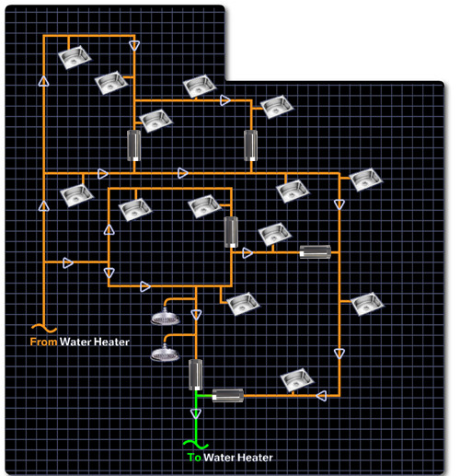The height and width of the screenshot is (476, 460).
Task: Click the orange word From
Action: (x=43, y=342)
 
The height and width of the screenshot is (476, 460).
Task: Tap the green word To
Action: (x=194, y=458)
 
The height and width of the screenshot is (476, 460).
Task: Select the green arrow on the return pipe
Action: (x=196, y=413)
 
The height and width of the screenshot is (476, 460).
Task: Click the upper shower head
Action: (x=165, y=318)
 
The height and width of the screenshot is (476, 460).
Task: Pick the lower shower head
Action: (x=165, y=354)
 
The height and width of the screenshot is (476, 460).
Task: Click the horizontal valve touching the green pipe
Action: (x=228, y=396)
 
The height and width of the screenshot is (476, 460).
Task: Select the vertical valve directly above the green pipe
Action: (x=195, y=375)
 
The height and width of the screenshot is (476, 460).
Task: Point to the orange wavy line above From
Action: (x=44, y=329)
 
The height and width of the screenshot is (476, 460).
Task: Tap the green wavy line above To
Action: (x=196, y=444)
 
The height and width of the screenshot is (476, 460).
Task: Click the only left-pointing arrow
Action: (x=321, y=396)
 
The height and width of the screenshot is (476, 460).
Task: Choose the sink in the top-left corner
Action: (x=75, y=57)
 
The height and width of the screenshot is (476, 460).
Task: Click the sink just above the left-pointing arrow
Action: (x=297, y=380)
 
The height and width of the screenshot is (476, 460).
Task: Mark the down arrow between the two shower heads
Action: (x=196, y=315)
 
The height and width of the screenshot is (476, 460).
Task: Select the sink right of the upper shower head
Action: (x=243, y=304)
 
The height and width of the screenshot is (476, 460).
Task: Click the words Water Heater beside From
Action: (x=95, y=342)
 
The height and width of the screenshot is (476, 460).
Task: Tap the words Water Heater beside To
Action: (x=238, y=458)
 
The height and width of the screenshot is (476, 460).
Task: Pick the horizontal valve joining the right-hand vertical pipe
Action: (x=316, y=252)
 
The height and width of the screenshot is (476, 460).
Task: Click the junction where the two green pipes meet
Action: (x=196, y=396)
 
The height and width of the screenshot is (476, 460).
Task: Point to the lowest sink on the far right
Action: (x=367, y=304)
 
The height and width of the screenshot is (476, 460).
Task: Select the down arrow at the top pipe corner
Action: (x=134, y=46)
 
